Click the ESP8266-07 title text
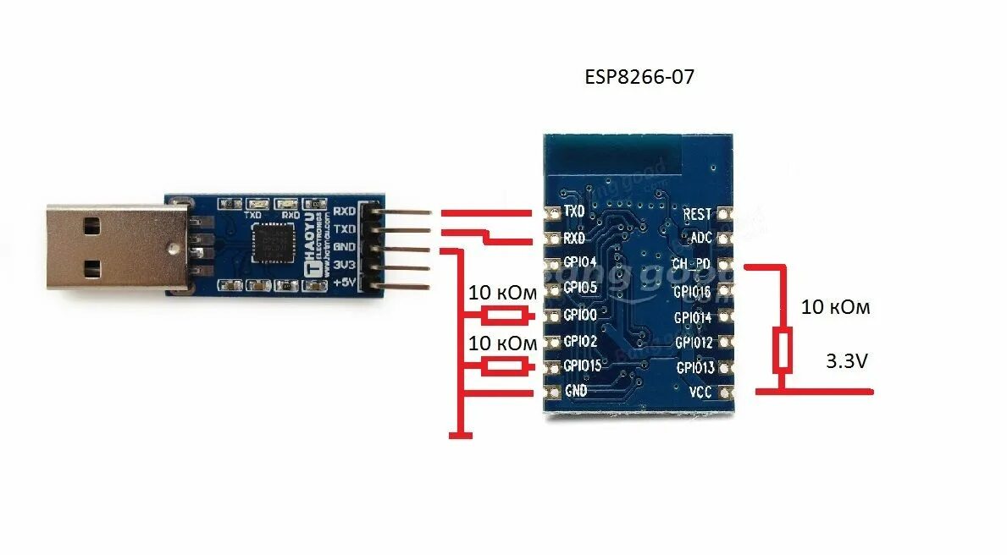click(640, 77)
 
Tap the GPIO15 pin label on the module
click(583, 366)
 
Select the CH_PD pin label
click(692, 265)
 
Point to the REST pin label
click(697, 214)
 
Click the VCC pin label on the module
click(700, 392)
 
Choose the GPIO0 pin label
click(580, 315)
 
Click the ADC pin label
click(701, 238)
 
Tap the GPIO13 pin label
click(694, 367)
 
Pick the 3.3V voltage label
click(847, 361)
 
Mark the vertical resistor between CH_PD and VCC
click(783, 352)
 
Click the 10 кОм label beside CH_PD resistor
click(835, 307)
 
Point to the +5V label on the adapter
click(344, 283)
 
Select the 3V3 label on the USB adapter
click(344, 265)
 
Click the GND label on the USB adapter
click(344, 247)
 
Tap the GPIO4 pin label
click(580, 263)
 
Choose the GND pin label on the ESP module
click(576, 392)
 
